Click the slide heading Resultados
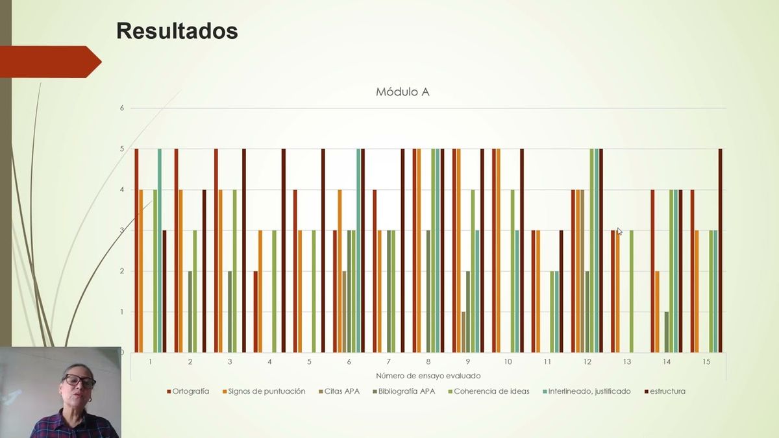tap(177, 30)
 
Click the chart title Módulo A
tap(402, 92)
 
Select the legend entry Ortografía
tap(190, 391)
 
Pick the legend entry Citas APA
tap(340, 391)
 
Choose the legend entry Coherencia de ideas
tap(491, 391)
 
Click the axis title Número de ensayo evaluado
tap(428, 376)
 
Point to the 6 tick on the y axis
tap(121, 108)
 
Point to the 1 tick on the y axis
tap(121, 312)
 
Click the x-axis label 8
tap(428, 361)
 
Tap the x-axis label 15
tap(706, 361)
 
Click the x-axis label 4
tap(269, 361)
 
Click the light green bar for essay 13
tap(632, 291)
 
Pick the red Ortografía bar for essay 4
tap(256, 311)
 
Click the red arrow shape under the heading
tap(49, 62)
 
